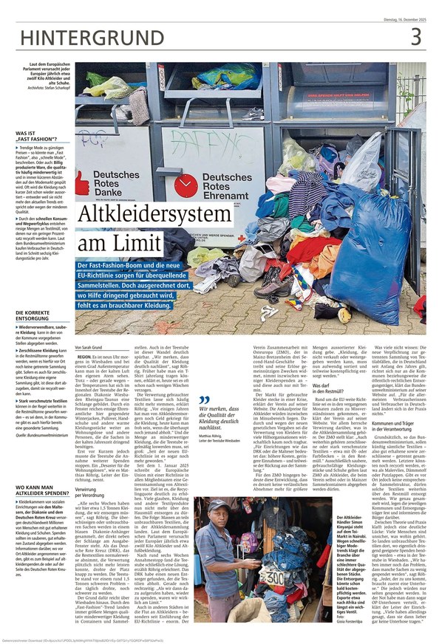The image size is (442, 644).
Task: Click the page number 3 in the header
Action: (x=415, y=35)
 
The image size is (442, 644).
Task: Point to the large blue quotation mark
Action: (x=205, y=400)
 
